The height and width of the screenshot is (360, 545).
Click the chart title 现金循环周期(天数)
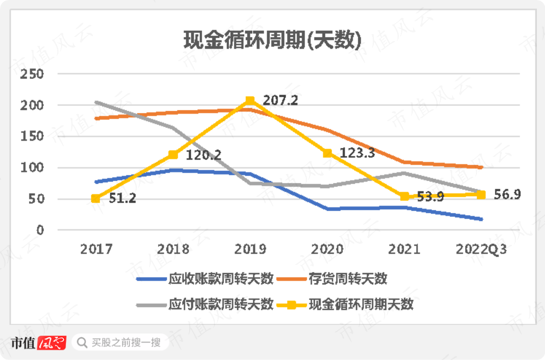click(272, 40)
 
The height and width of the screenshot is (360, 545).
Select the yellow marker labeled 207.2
click(250, 101)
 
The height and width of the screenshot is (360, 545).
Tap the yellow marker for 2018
click(173, 155)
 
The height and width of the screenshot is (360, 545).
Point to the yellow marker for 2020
click(327, 153)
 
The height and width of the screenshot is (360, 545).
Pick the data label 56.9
click(507, 195)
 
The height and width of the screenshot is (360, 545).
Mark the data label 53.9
click(430, 197)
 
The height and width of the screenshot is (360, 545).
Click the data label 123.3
click(357, 153)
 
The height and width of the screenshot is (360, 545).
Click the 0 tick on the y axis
click(38, 230)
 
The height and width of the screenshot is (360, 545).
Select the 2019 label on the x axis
click(250, 249)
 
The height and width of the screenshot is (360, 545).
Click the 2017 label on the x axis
click(96, 249)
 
